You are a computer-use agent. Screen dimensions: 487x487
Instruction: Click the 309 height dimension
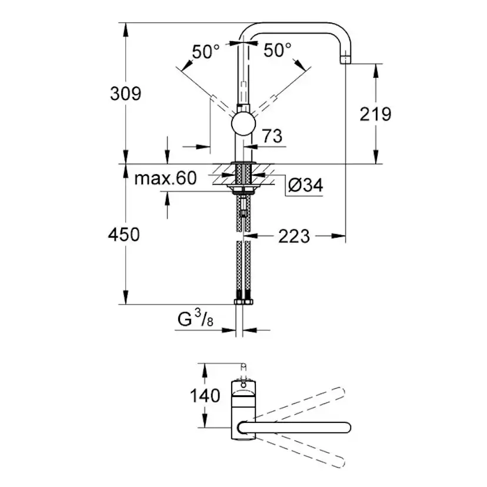point(125,93)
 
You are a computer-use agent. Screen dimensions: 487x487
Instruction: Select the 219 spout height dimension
point(376,114)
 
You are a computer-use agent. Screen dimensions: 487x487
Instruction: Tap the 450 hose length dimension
point(124,234)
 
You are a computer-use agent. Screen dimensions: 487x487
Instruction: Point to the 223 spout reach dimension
point(293,236)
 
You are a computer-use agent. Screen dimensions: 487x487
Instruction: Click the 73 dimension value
point(272,136)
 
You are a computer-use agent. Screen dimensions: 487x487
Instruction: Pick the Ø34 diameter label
point(305,186)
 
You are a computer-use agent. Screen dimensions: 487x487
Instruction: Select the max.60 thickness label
point(165,179)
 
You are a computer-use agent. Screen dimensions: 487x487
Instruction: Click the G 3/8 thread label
point(195,321)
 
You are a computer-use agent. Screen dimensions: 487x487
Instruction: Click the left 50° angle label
point(205,51)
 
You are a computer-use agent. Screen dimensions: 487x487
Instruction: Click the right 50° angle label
point(277,51)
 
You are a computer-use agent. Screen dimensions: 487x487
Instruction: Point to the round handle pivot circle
point(243,125)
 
